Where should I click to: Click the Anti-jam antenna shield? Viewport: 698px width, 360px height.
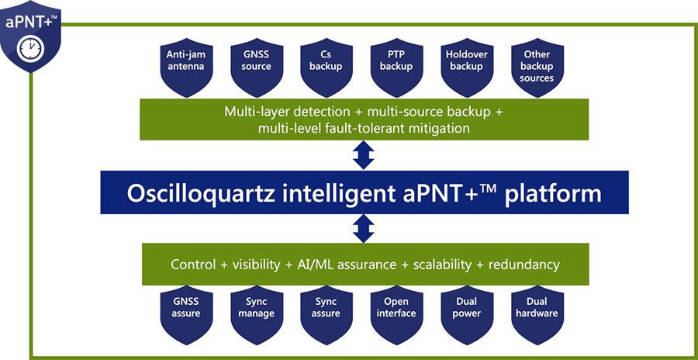tap(185, 67)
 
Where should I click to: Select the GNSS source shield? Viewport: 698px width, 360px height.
tap(256, 67)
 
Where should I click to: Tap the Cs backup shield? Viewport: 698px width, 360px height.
tap(327, 67)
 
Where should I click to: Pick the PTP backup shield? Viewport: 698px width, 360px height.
tap(397, 67)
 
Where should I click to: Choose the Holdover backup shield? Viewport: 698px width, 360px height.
tap(467, 67)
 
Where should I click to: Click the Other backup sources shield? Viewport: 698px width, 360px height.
tap(537, 68)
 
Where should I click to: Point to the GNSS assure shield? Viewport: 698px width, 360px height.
tap(185, 312)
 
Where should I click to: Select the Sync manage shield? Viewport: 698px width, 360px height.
tap(256, 312)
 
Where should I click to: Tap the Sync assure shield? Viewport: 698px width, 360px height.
tap(327, 312)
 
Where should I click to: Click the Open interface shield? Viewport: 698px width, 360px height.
tap(397, 312)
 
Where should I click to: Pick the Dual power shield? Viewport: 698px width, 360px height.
tap(467, 312)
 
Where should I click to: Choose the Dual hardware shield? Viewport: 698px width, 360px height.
tap(537, 312)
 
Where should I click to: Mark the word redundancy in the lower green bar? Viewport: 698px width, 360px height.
tap(523, 265)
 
